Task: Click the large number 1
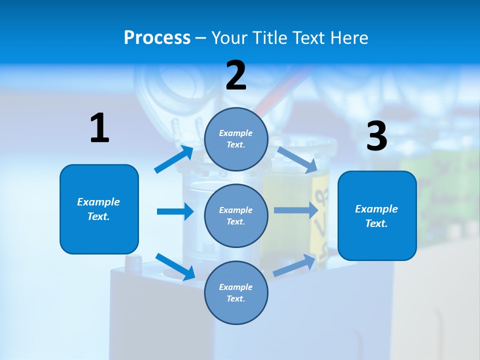tap(99, 128)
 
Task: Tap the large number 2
tap(236, 75)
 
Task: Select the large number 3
tap(376, 136)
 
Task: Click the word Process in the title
tap(157, 37)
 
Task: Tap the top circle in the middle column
tap(236, 139)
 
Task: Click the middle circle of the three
tap(236, 215)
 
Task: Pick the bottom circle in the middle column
tap(236, 292)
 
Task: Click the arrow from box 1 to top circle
tap(174, 159)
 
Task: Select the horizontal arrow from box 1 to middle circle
tap(175, 211)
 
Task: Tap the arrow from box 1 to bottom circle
tap(175, 266)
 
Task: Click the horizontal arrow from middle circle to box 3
tap(296, 210)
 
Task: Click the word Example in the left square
tap(98, 202)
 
